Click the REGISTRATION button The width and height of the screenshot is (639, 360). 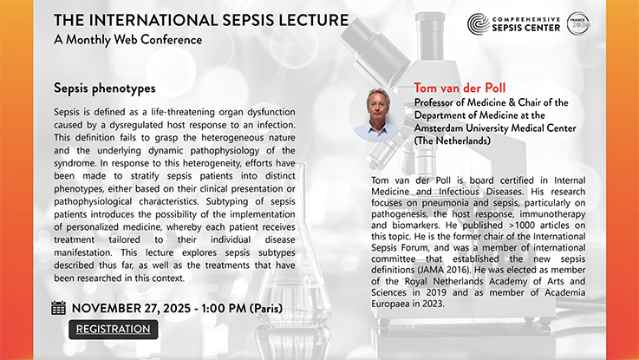(113, 330)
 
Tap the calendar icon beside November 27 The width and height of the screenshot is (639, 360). (59, 307)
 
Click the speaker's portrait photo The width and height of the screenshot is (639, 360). (378, 115)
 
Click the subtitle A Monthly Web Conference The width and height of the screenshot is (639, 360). (128, 40)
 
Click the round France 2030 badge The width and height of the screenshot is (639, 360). (579, 23)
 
